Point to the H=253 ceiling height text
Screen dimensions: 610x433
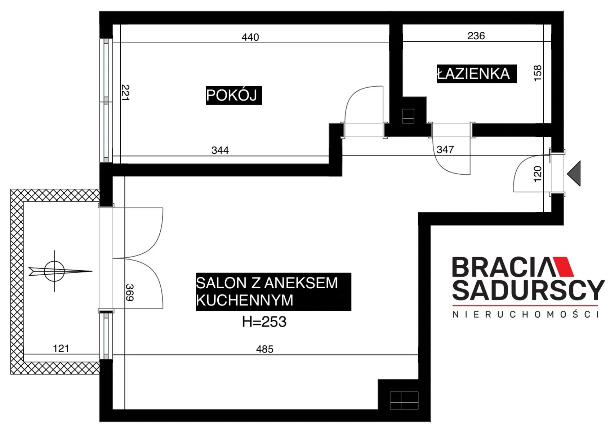[264, 322]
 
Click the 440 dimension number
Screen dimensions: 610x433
[250, 37]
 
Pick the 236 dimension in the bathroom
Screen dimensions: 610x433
[476, 36]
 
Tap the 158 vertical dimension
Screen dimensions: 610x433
[538, 73]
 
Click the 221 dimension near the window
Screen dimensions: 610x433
[125, 93]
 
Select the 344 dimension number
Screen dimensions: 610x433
[220, 150]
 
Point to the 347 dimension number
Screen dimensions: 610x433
[445, 149]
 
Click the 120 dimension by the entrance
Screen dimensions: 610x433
[538, 174]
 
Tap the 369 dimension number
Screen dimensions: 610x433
[130, 292]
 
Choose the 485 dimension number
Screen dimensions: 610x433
[265, 349]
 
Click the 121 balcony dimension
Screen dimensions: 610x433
[61, 349]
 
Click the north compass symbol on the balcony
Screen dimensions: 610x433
[54, 271]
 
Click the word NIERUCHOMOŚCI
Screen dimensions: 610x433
[526, 314]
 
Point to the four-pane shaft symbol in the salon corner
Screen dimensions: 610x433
[404, 401]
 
